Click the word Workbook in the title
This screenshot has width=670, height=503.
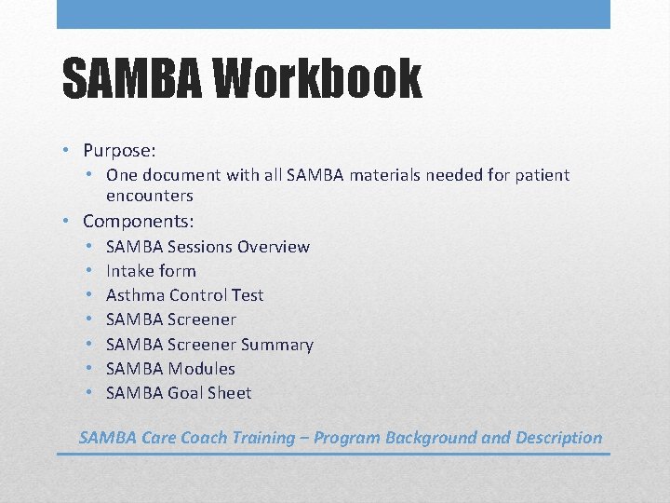317,78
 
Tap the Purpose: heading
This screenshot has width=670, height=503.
119,150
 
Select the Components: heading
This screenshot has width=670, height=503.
138,221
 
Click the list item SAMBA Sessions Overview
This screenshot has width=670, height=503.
208,247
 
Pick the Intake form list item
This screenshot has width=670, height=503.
151,271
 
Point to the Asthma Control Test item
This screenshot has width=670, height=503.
184,295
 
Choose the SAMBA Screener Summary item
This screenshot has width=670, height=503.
209,345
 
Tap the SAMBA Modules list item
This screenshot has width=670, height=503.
170,369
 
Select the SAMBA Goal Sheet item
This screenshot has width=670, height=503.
179,393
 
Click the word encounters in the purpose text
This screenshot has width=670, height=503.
149,196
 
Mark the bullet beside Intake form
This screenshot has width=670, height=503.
91,271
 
